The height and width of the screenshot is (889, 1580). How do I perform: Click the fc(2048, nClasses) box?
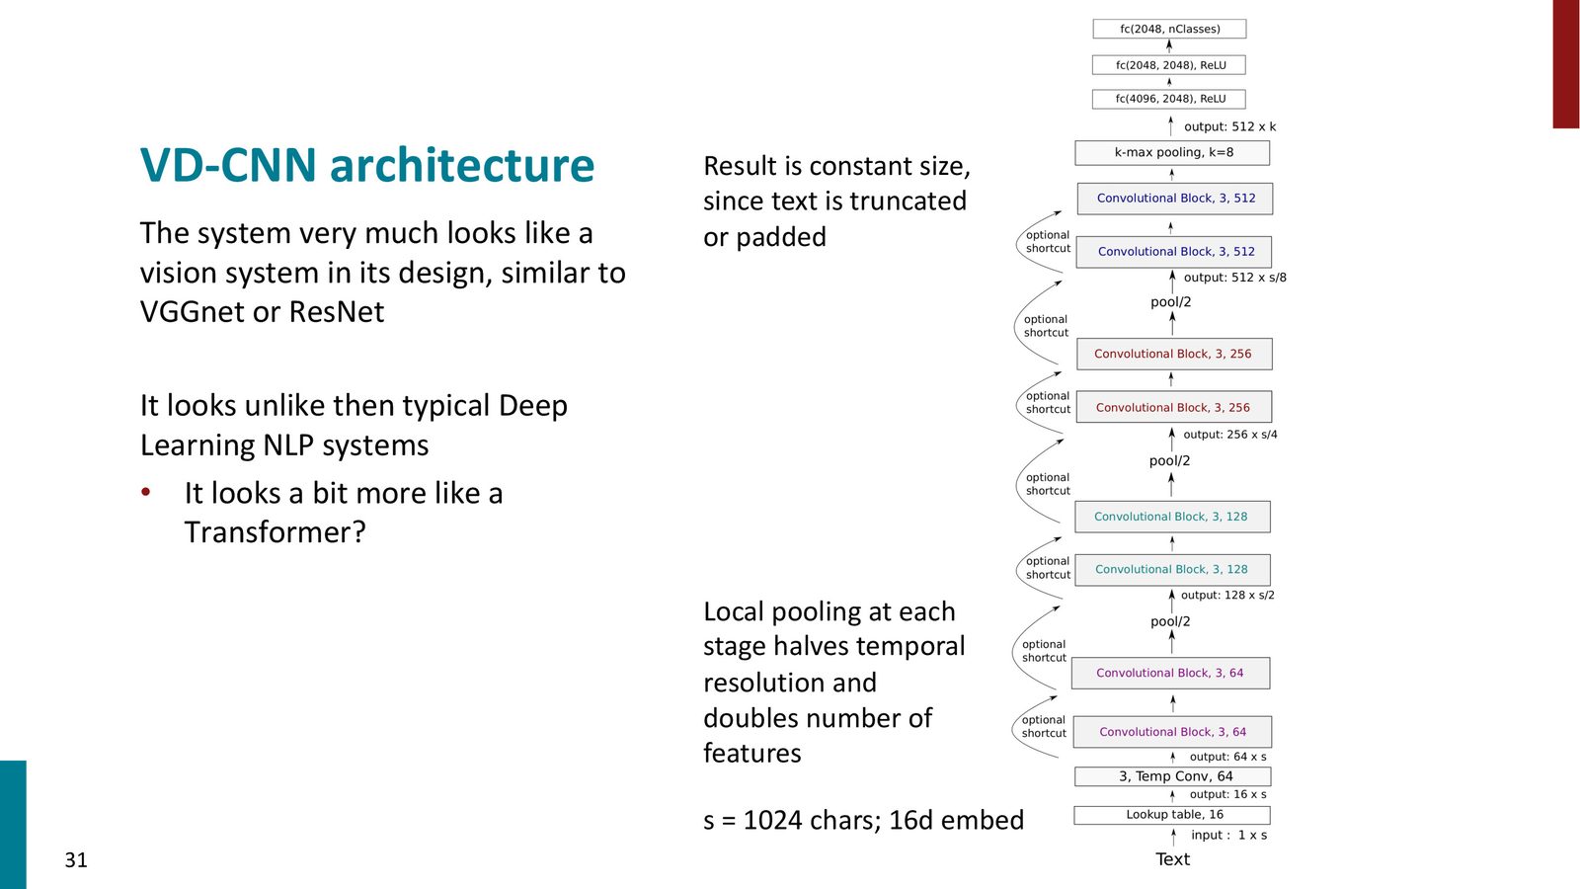(x=1169, y=29)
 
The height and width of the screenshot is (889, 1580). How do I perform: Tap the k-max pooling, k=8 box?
(x=1172, y=152)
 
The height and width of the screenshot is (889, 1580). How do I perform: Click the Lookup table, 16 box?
(x=1172, y=815)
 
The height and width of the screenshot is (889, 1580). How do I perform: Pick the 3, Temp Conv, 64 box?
(x=1173, y=776)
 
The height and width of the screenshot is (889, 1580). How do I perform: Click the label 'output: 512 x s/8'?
(x=1235, y=278)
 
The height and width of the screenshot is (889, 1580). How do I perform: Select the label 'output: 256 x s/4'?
(x=1230, y=435)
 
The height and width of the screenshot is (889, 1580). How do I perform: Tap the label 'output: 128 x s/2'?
(x=1228, y=595)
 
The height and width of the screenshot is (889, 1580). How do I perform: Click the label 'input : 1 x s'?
(x=1228, y=835)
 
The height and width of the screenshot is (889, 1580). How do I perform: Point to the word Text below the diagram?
(x=1172, y=858)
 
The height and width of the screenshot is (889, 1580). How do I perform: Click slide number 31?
(x=76, y=859)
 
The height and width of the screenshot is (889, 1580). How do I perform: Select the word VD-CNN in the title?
(x=228, y=165)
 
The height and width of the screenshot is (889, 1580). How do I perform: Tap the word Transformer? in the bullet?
(x=276, y=532)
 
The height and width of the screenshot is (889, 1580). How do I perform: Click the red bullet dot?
(x=146, y=492)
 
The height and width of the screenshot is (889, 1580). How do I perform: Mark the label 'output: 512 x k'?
(x=1230, y=127)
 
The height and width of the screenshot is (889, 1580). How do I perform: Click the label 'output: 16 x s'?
(x=1228, y=794)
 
